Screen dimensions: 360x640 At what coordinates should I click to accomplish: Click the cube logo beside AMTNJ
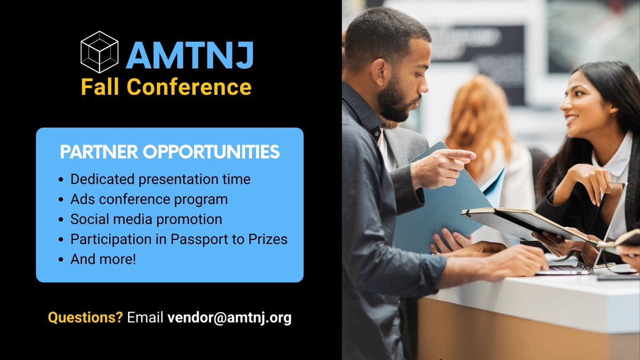click(x=99, y=52)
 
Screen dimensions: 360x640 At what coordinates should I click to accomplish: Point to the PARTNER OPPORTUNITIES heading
click(x=170, y=152)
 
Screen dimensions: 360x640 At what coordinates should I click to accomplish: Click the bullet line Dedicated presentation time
click(x=161, y=179)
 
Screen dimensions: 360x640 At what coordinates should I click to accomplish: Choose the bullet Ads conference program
click(x=149, y=199)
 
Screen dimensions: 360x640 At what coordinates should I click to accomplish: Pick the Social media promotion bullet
click(x=146, y=219)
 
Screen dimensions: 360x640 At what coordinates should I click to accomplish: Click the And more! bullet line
click(x=103, y=260)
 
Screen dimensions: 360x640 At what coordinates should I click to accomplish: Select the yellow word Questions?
click(x=85, y=318)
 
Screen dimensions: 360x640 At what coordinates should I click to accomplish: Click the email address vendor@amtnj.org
click(x=229, y=318)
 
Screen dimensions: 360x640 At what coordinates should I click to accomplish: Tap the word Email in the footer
click(x=145, y=318)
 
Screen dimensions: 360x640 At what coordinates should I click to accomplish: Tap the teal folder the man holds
click(x=437, y=208)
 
